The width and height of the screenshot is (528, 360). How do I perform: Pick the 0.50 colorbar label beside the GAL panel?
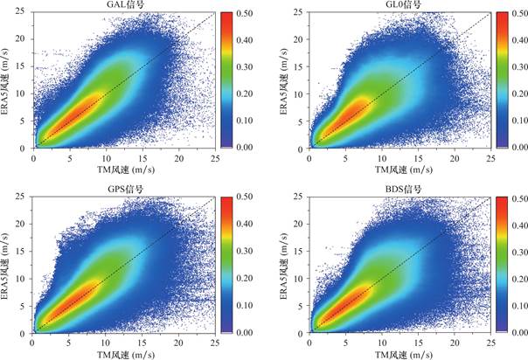(248, 13)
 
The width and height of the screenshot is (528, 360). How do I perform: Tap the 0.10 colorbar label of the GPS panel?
(248, 306)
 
